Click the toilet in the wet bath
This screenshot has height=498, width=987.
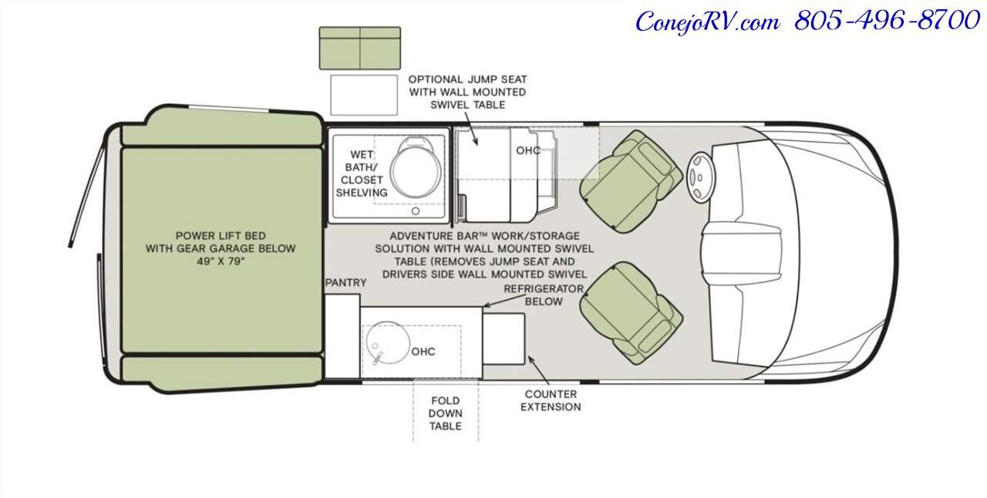(416, 167)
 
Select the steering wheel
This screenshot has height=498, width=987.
(701, 177)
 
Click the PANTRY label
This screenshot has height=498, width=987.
(346, 282)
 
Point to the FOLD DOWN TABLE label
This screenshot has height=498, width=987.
(446, 413)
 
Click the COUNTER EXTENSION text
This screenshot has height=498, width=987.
(551, 401)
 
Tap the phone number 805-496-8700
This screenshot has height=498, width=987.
(887, 21)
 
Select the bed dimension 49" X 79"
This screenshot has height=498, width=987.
(221, 261)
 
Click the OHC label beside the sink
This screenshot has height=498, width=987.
(423, 352)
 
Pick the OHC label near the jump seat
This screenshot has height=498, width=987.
(528, 151)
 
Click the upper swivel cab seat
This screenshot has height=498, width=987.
(631, 180)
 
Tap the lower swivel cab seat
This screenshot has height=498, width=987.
(631, 313)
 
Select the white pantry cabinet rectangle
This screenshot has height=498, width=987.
(342, 336)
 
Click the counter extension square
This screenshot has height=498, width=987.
(504, 339)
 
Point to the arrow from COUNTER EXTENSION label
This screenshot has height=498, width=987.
(538, 370)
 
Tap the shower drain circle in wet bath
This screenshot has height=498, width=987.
(415, 211)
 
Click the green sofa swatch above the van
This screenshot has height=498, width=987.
(360, 48)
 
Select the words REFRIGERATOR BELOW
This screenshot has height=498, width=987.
(544, 295)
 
